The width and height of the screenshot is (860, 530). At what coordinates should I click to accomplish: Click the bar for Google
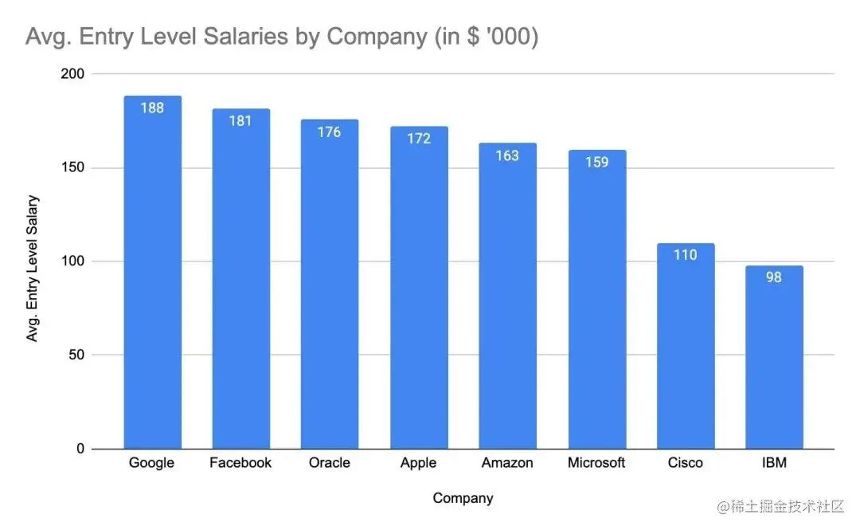point(152,279)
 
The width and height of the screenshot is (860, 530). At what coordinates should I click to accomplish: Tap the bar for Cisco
point(686,351)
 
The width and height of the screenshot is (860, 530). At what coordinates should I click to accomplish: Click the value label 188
point(152,108)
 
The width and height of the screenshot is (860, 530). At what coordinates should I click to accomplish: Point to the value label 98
point(774,277)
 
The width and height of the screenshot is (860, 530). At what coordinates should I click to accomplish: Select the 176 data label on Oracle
point(329,132)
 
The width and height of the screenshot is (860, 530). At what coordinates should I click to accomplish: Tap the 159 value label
point(596,163)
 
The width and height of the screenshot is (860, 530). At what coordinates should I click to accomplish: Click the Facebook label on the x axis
point(240,463)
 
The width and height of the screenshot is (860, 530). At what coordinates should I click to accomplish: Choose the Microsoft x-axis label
point(596,463)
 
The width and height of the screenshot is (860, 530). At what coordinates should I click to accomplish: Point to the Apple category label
point(418,463)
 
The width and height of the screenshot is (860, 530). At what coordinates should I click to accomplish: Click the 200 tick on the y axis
point(72,74)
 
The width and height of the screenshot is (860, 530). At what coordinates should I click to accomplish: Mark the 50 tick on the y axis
point(76,355)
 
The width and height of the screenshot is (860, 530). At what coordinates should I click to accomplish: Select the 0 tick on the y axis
point(80,450)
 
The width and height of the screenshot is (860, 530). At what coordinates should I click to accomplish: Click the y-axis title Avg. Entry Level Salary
point(33,269)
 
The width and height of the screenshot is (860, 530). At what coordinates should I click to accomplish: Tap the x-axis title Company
point(463,499)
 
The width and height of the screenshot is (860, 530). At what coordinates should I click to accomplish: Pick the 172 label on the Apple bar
point(418,139)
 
